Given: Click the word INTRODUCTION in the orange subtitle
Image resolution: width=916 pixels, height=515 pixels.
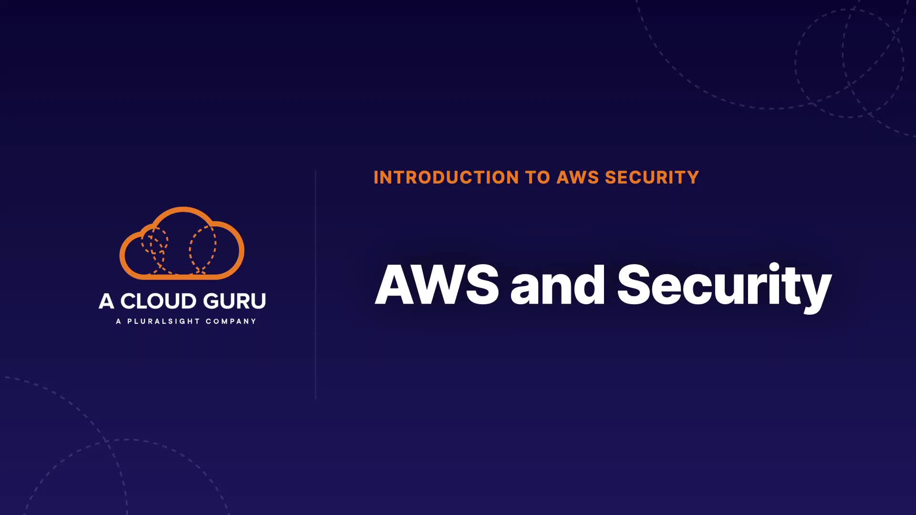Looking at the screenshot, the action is point(446,177).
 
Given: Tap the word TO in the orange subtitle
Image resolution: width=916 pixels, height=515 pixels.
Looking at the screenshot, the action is point(538,177).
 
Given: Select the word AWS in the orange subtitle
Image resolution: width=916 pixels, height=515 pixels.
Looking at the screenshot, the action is point(578,177).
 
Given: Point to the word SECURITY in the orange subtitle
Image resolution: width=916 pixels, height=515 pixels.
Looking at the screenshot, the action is point(652,177).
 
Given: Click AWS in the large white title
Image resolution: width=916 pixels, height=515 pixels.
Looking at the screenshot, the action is point(437,285).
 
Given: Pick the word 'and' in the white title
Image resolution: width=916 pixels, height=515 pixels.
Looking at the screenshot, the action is point(557,285).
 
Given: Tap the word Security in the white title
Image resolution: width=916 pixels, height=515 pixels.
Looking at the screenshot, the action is point(724,285).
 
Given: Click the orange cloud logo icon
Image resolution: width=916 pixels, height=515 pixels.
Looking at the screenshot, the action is point(182,243).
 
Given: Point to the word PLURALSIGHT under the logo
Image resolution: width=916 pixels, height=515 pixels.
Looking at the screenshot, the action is point(163,321).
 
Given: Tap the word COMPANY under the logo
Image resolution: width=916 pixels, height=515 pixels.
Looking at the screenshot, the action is point(231,321).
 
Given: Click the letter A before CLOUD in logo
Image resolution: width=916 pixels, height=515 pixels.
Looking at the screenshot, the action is point(106,301).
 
